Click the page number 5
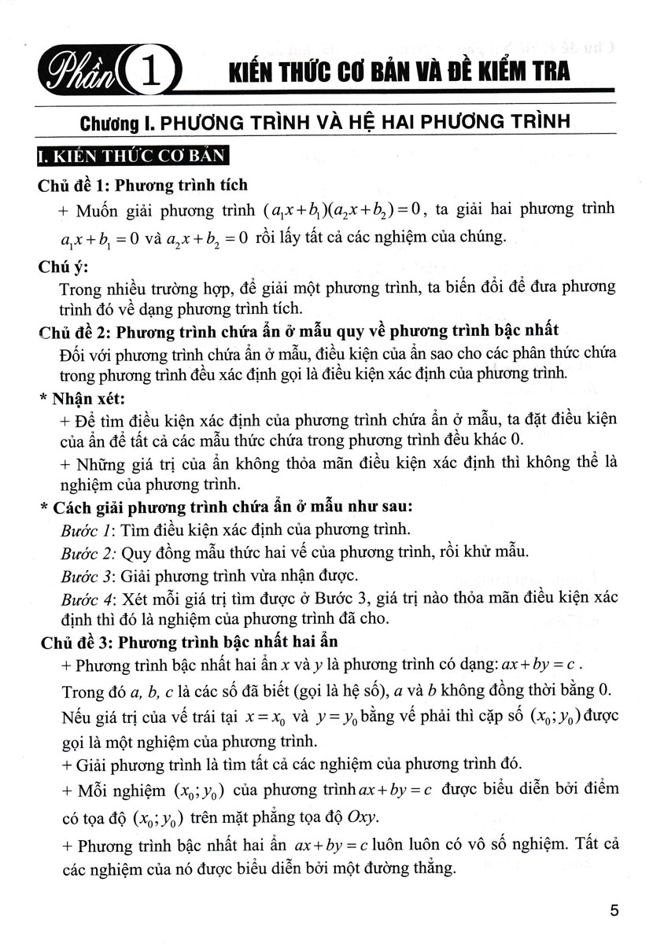click(x=614, y=911)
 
